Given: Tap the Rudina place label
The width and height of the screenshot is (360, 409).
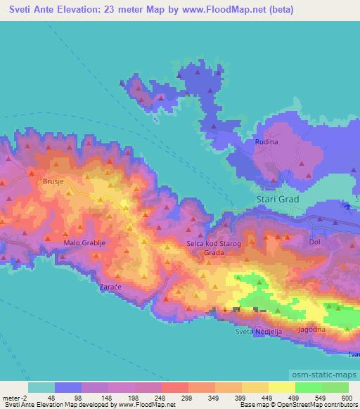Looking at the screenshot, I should (x=266, y=141).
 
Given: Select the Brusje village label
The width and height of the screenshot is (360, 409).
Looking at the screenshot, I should (x=53, y=181).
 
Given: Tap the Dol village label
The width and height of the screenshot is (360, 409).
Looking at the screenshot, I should (x=314, y=242).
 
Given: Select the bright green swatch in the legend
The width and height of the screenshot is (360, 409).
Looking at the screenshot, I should (x=309, y=387).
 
